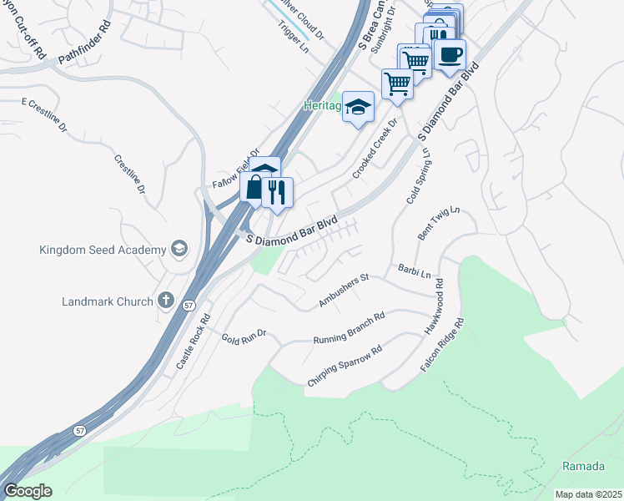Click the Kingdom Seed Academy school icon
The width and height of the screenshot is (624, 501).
(178, 249)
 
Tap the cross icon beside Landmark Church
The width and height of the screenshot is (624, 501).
(165, 301)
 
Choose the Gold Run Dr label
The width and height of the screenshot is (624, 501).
(243, 337)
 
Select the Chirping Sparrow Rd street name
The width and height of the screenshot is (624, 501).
(345, 365)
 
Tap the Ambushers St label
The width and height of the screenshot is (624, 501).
(344, 290)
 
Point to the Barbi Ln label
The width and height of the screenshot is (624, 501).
(414, 272)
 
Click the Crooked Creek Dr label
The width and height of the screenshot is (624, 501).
(371, 147)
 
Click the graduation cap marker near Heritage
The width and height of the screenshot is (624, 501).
(359, 107)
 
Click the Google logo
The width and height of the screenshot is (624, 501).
(28, 491)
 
